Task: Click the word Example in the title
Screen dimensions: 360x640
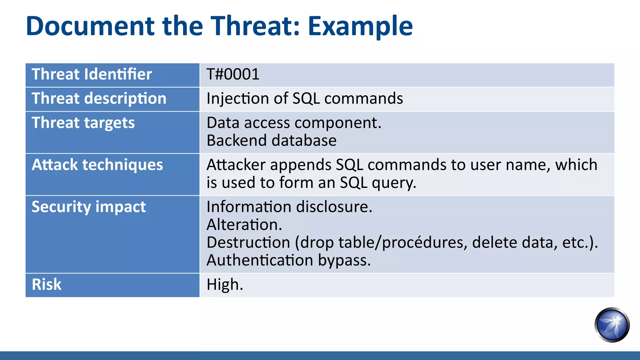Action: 360,26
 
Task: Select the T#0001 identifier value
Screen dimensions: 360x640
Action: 233,74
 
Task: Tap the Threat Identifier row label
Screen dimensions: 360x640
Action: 92,74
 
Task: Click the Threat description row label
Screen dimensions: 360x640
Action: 99,99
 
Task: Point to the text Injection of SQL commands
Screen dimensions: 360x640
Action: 304,99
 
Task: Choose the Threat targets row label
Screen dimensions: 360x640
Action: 83,123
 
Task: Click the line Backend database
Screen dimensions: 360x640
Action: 271,141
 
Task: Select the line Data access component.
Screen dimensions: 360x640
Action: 294,123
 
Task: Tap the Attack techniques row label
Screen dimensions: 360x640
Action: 97,165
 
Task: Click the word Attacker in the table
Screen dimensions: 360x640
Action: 236,165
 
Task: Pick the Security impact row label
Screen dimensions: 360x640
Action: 88,207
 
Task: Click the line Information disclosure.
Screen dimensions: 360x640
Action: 289,207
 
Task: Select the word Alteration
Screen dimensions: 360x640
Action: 244,225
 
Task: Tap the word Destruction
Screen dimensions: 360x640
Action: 248,242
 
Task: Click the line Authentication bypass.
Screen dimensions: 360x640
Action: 288,260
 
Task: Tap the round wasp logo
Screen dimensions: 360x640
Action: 612,325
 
